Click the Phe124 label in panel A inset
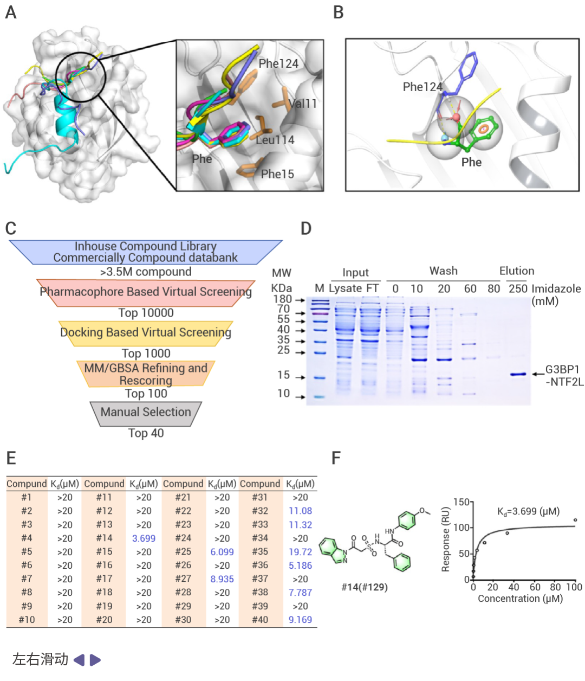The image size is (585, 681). point(278,63)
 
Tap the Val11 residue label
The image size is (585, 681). point(303,104)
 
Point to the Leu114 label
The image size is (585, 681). point(275,140)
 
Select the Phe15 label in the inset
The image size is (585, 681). point(277,174)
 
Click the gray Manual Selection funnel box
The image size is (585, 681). point(146,414)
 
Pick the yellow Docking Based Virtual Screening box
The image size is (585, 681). point(146,333)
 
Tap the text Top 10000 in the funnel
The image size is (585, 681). point(146,313)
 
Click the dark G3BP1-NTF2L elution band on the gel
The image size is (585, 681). point(518,374)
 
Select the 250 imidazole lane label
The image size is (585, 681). point(518,288)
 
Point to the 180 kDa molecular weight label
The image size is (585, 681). point(282,299)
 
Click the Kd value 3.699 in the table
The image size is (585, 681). point(144,538)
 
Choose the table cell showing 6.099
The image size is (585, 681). point(222,552)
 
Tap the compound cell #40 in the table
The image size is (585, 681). point(260,620)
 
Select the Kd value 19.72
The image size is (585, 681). point(300,552)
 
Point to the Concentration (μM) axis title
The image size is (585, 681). point(520,598)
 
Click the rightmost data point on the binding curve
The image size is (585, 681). point(575,520)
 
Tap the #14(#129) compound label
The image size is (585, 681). point(365,587)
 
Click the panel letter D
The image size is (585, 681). point(306,228)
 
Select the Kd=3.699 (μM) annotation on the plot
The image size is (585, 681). point(528,511)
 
